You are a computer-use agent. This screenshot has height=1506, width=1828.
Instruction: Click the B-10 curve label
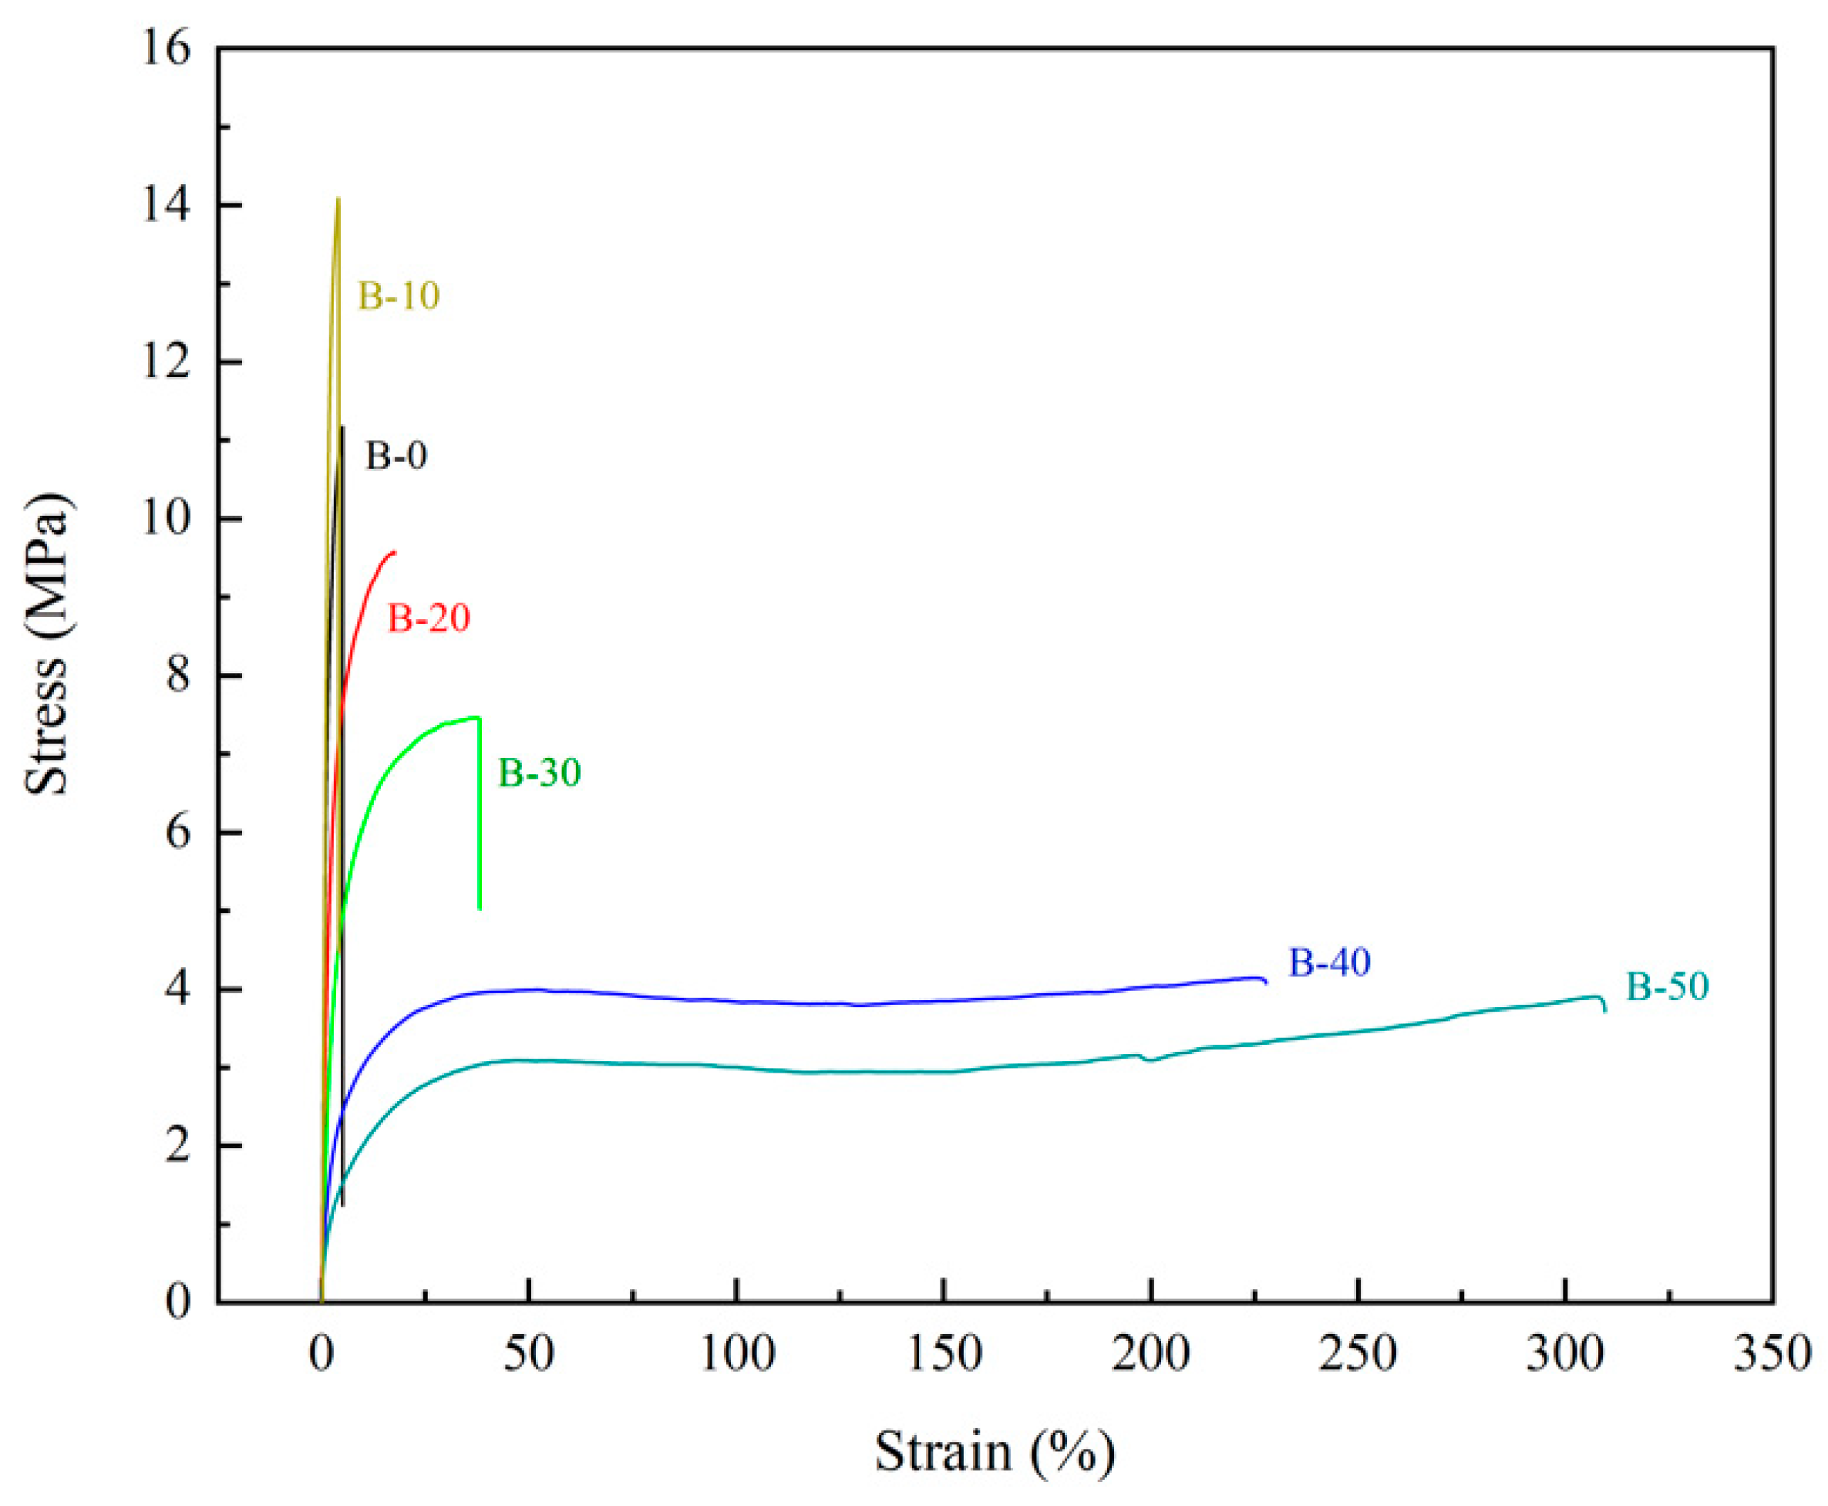399,296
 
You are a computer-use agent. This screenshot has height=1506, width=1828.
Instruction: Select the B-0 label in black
396,456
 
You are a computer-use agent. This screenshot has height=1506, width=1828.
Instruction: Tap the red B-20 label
429,618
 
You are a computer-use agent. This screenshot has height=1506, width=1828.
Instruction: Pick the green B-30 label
538,772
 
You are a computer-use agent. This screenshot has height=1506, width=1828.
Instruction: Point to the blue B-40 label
1328,962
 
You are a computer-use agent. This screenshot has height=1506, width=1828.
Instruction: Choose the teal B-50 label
1666,986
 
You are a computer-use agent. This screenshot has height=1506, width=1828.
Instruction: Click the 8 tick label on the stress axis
178,676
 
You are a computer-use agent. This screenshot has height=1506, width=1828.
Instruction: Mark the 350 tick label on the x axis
1772,1353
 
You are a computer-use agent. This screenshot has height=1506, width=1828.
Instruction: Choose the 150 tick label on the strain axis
944,1353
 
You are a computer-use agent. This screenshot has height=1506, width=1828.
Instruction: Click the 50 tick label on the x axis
528,1353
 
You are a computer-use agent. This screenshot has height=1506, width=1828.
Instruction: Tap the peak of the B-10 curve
338,200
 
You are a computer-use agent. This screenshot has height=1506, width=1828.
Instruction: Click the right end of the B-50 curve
1605,1011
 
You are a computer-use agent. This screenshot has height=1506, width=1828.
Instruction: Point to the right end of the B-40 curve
1267,983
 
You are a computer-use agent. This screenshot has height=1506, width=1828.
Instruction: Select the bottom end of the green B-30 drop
480,908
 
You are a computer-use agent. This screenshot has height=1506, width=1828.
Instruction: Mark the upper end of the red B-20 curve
395,552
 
